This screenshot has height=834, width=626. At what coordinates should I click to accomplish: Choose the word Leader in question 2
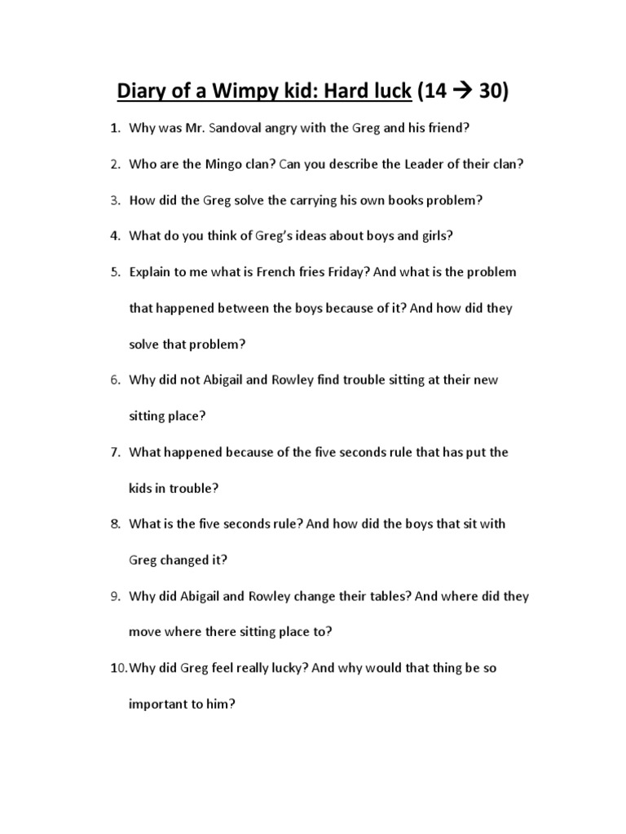(x=425, y=164)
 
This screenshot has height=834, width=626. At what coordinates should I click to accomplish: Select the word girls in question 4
(x=430, y=235)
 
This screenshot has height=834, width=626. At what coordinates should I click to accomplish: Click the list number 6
(x=116, y=380)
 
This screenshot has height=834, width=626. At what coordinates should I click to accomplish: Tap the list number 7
(x=116, y=451)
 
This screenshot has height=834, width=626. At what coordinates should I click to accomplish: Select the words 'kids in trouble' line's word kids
(x=141, y=488)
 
